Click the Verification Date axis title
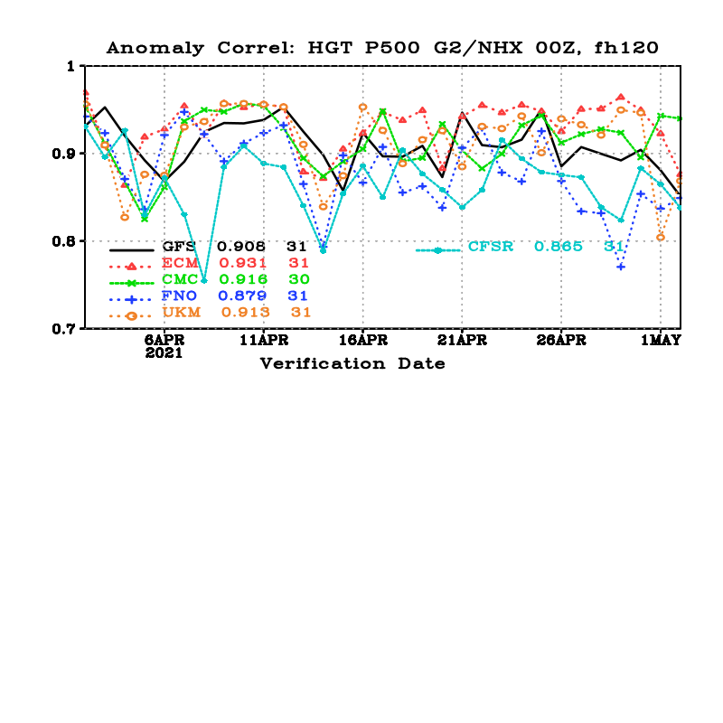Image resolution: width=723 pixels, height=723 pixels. [x=352, y=363]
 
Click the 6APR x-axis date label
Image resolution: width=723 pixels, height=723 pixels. [x=164, y=341]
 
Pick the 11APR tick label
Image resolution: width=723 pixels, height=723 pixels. [x=264, y=341]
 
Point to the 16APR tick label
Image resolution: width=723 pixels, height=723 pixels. [x=363, y=341]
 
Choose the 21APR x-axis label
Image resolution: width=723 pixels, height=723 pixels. [x=462, y=341]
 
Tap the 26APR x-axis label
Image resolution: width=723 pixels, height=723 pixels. [x=561, y=341]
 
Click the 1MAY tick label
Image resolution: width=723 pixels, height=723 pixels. [x=661, y=341]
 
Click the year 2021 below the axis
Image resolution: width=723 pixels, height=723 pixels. [x=164, y=353]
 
